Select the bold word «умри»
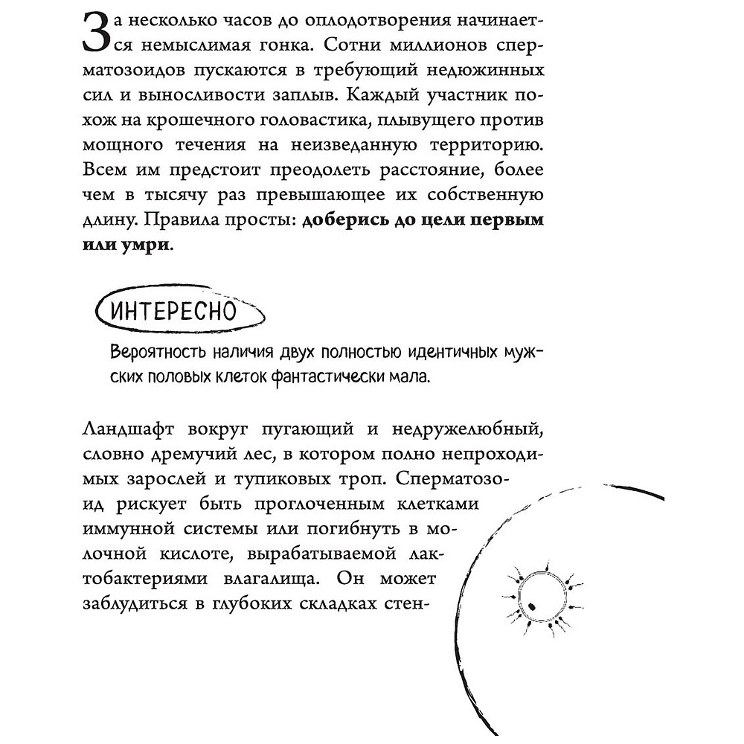[x=146, y=246]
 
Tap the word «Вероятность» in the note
[x=153, y=351]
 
